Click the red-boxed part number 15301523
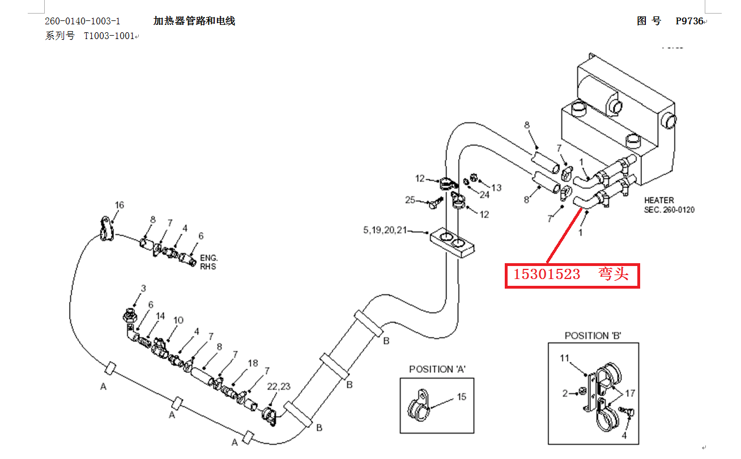[x=547, y=275]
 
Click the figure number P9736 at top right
[x=689, y=22]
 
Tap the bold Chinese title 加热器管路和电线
[x=194, y=22]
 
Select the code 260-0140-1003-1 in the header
[x=83, y=22]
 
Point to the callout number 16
[x=119, y=205]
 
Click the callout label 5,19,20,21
[x=385, y=230]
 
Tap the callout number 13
[x=496, y=187]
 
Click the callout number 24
[x=484, y=195]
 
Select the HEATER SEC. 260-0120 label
[x=668, y=205]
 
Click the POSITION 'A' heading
[x=437, y=369]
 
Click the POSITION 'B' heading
[x=593, y=336]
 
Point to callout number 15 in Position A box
[x=462, y=397]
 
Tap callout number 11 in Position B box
[x=564, y=358]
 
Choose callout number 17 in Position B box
[x=630, y=392]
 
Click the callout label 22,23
[x=279, y=387]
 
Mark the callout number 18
[x=253, y=363]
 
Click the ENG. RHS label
[x=208, y=262]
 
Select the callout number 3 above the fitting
[x=143, y=289]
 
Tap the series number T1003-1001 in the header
[x=109, y=36]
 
